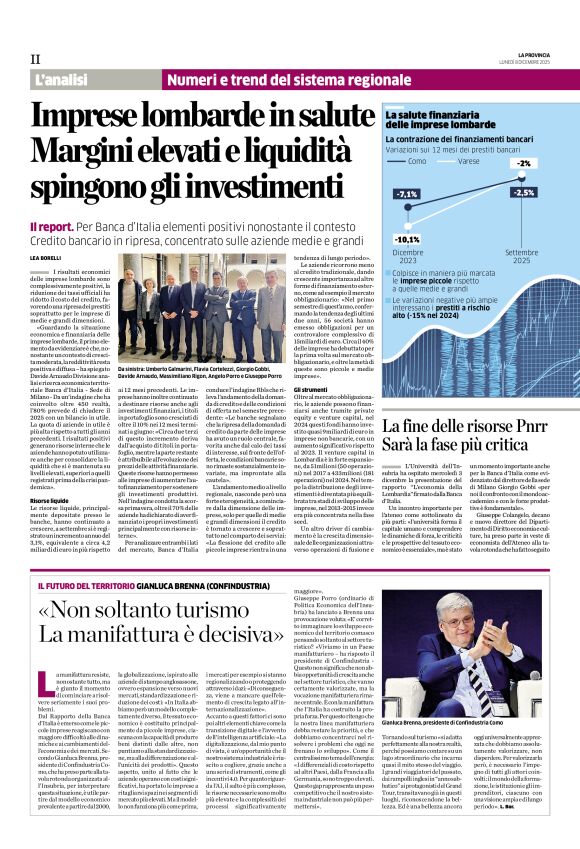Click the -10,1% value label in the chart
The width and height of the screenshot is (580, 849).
406,240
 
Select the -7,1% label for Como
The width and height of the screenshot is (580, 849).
407,194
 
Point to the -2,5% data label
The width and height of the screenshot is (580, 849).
523,192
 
